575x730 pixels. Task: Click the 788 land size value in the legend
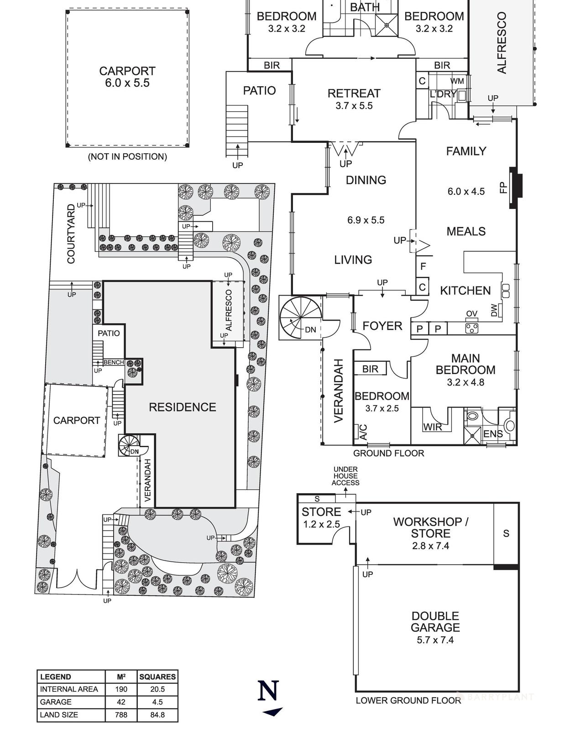tap(121, 715)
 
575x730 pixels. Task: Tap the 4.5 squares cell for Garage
tap(157, 702)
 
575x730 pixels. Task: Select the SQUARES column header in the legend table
tap(157, 677)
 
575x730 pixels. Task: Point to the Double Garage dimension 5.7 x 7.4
tap(435, 640)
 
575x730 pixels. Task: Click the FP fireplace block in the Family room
tap(516, 188)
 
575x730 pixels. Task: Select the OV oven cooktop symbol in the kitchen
tap(471, 328)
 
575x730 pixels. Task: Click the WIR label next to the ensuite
tap(432, 427)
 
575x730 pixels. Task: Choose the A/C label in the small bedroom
tap(363, 432)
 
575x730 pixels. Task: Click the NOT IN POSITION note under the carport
tap(127, 156)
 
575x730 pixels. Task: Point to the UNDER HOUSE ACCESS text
tap(345, 476)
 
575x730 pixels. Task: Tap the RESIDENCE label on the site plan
tap(182, 407)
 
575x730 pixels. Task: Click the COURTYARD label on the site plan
tap(71, 234)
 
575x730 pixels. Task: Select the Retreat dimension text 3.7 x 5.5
tap(354, 106)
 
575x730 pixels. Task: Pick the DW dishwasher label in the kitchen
tap(494, 311)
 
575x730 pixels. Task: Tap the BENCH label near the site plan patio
tap(114, 362)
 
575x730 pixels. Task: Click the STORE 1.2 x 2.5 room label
tap(321, 518)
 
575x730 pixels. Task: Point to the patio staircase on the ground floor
tap(237, 130)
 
